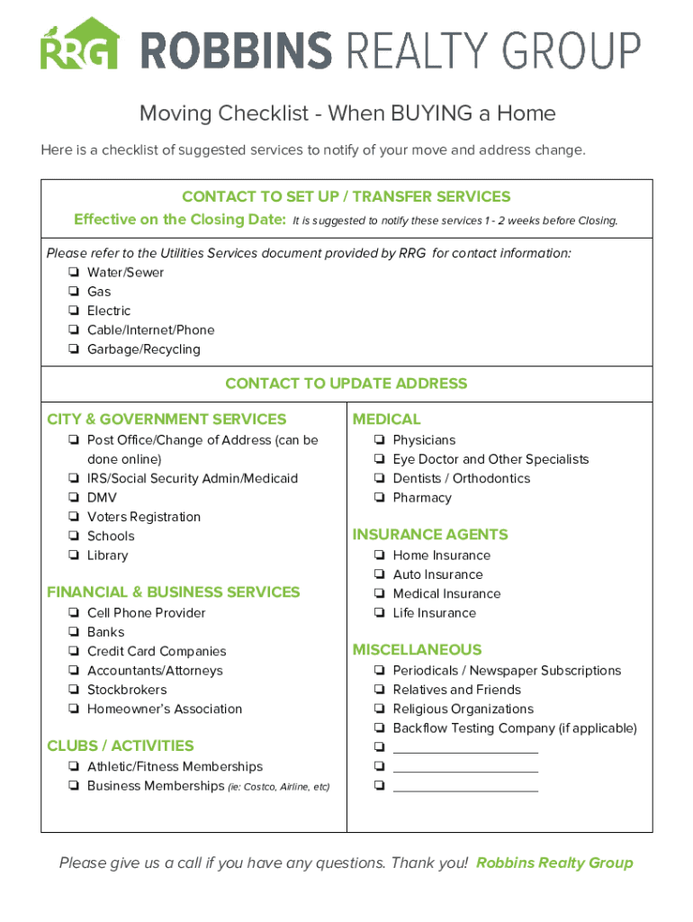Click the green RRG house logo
tap(79, 44)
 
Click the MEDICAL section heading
tap(386, 419)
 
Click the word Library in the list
tap(107, 556)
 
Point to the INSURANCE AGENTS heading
tap(430, 534)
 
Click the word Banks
tap(105, 632)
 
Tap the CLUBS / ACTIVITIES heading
tap(120, 746)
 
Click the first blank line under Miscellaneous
tap(465, 749)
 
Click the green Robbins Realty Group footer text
tap(554, 863)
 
